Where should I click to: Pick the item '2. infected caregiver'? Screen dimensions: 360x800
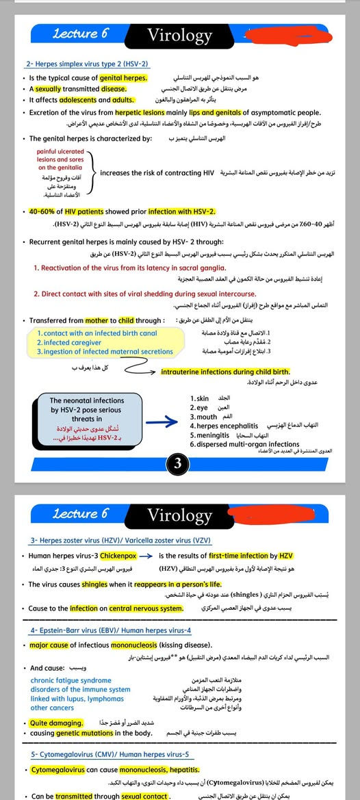(x=68, y=342)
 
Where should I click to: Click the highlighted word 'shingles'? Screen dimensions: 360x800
(x=94, y=585)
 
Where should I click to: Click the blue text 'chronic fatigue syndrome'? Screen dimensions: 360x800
(x=70, y=681)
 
